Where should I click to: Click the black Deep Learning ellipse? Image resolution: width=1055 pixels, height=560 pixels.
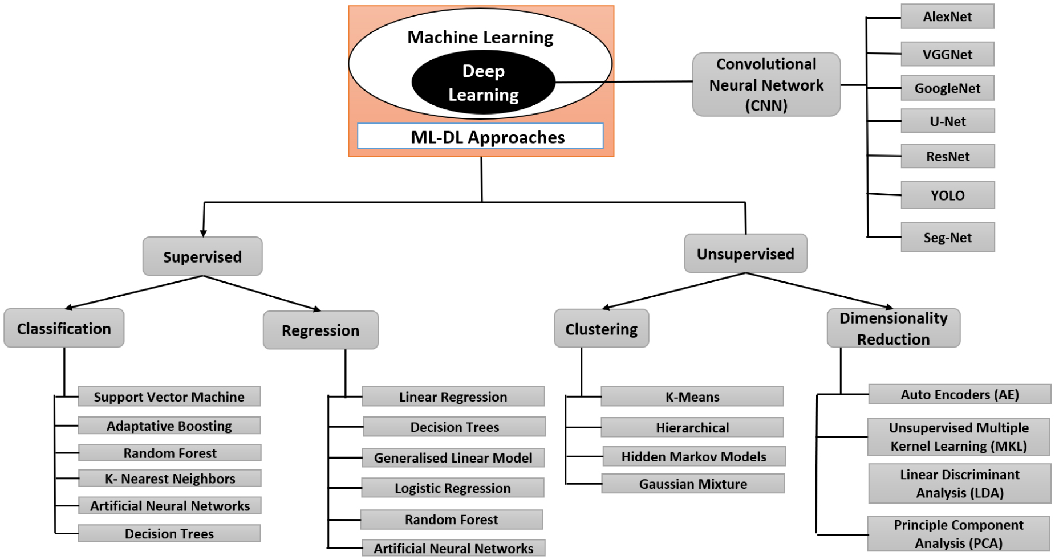pyautogui.click(x=483, y=83)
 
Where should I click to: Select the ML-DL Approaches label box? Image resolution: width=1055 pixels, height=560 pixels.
pyautogui.click(x=480, y=136)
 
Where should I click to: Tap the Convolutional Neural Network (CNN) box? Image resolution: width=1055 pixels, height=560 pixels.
pyautogui.click(x=766, y=85)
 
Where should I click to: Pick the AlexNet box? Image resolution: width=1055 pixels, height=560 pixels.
pyautogui.click(x=947, y=17)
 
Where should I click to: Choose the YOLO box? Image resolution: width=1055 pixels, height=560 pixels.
pyautogui.click(x=947, y=195)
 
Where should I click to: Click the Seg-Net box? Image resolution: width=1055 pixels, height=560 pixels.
pyautogui.click(x=947, y=238)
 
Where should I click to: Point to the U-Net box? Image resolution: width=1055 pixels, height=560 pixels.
pyautogui.click(x=947, y=121)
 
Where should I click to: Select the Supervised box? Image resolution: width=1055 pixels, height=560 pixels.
pyautogui.click(x=202, y=257)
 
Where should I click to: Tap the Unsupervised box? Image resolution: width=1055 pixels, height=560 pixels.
pyautogui.click(x=745, y=254)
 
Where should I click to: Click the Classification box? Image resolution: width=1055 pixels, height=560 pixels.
pyautogui.click(x=64, y=329)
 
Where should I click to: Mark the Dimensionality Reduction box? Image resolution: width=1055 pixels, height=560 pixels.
pyautogui.click(x=893, y=329)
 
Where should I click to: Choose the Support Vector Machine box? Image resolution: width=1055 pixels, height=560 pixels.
pyautogui.click(x=169, y=397)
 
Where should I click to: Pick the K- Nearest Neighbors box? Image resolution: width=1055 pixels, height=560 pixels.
pyautogui.click(x=170, y=479)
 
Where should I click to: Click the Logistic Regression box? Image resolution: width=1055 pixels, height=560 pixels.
pyautogui.click(x=453, y=488)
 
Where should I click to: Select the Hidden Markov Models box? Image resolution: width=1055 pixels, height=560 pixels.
pyautogui.click(x=693, y=456)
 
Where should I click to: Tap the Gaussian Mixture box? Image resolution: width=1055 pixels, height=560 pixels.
pyautogui.click(x=693, y=484)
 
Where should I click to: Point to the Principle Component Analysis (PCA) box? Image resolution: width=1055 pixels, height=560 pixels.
pyautogui.click(x=959, y=534)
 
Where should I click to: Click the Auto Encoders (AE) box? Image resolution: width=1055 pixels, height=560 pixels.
pyautogui.click(x=959, y=394)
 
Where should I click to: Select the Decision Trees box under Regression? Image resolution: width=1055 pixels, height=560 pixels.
pyautogui.click(x=455, y=427)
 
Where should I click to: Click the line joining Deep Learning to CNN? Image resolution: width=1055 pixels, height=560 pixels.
pyautogui.click(x=624, y=82)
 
